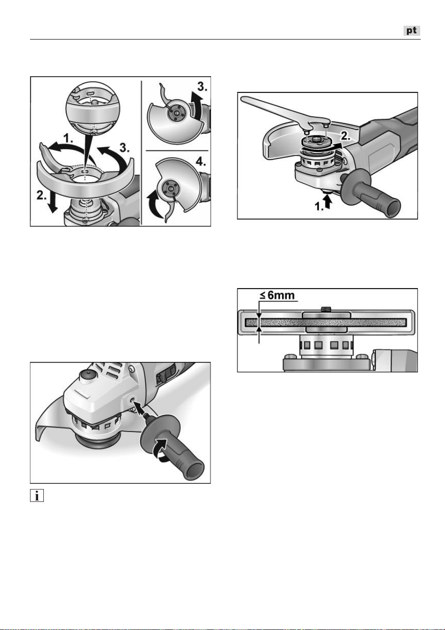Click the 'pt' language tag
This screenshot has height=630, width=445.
coord(412,30)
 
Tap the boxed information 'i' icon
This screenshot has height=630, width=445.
coord(37,495)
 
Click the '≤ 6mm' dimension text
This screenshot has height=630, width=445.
coord(277,295)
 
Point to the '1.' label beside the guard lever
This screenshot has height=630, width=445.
coord(68,138)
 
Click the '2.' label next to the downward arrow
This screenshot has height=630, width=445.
coord(41,195)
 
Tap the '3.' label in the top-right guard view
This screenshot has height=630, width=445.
coord(202,87)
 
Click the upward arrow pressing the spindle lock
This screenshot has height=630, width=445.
coord(327,201)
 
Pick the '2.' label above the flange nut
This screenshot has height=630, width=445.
coord(345,136)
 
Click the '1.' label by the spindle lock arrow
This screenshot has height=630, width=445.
coord(319,207)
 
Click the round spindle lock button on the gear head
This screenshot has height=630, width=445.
coord(87,375)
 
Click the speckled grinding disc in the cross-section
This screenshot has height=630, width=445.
coord(326,322)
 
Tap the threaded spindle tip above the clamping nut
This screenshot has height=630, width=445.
coord(326,310)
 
